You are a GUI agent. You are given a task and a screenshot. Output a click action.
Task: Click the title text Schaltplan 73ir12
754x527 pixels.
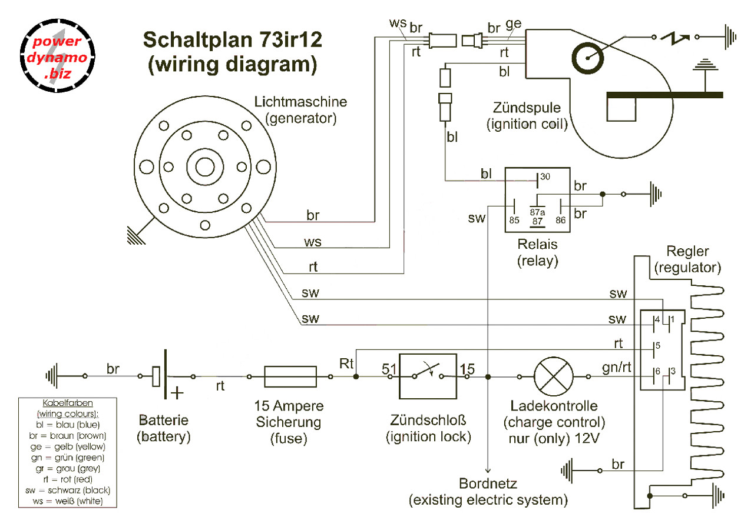click(233, 42)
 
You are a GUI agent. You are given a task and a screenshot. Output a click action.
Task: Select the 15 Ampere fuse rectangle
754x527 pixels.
click(291, 376)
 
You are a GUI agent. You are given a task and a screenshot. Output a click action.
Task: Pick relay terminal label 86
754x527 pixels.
click(560, 221)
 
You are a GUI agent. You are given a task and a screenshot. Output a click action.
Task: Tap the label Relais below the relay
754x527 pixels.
click(537, 244)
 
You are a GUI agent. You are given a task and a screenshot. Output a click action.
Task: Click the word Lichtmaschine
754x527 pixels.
click(300, 102)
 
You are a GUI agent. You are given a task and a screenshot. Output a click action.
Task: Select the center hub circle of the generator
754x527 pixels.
click(204, 168)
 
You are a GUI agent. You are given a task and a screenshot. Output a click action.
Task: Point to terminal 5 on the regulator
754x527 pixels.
click(656, 346)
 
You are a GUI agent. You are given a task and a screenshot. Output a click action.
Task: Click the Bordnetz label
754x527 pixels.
click(488, 485)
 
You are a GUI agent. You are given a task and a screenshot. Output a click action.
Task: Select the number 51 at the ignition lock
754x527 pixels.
click(389, 369)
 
